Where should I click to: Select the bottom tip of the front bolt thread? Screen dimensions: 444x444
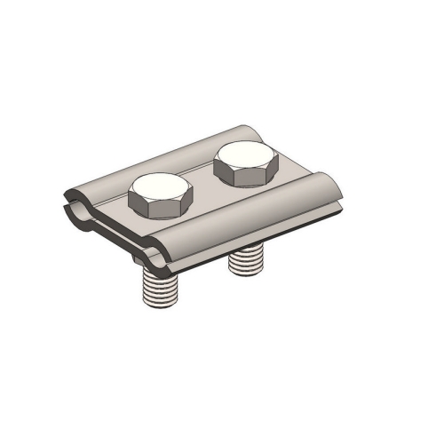pos(159,306)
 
